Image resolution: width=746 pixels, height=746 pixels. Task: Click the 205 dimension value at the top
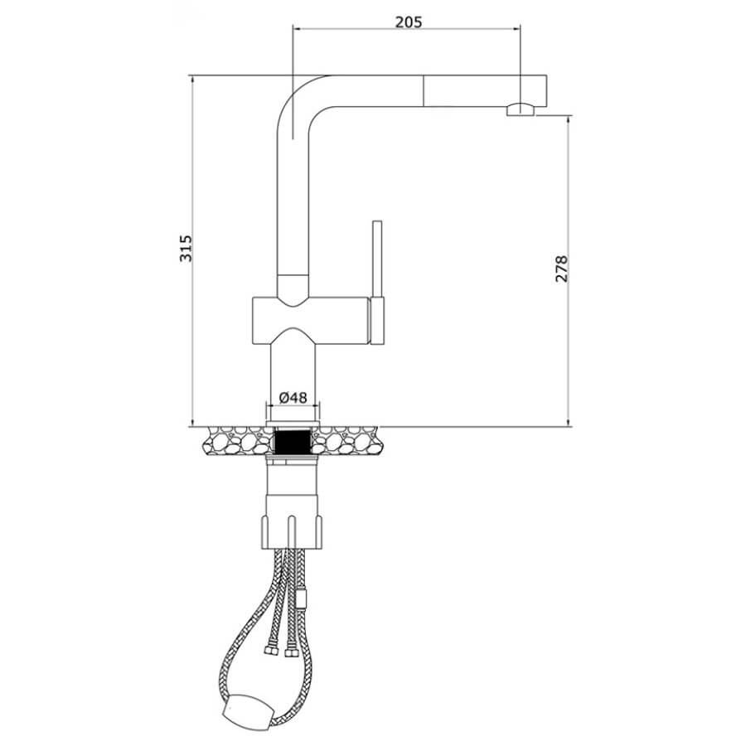click(409, 22)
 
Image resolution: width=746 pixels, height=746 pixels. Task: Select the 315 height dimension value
click(186, 248)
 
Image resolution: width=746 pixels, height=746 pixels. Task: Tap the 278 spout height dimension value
click(562, 269)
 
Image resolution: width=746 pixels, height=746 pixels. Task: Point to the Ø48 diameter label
click(293, 397)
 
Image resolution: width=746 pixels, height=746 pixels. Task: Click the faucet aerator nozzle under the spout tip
click(521, 109)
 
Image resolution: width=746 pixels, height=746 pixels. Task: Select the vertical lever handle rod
click(377, 259)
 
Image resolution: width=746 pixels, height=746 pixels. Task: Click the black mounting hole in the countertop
click(293, 441)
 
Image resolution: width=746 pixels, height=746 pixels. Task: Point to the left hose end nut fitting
click(271, 650)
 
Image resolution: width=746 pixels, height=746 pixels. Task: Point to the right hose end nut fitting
click(291, 652)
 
